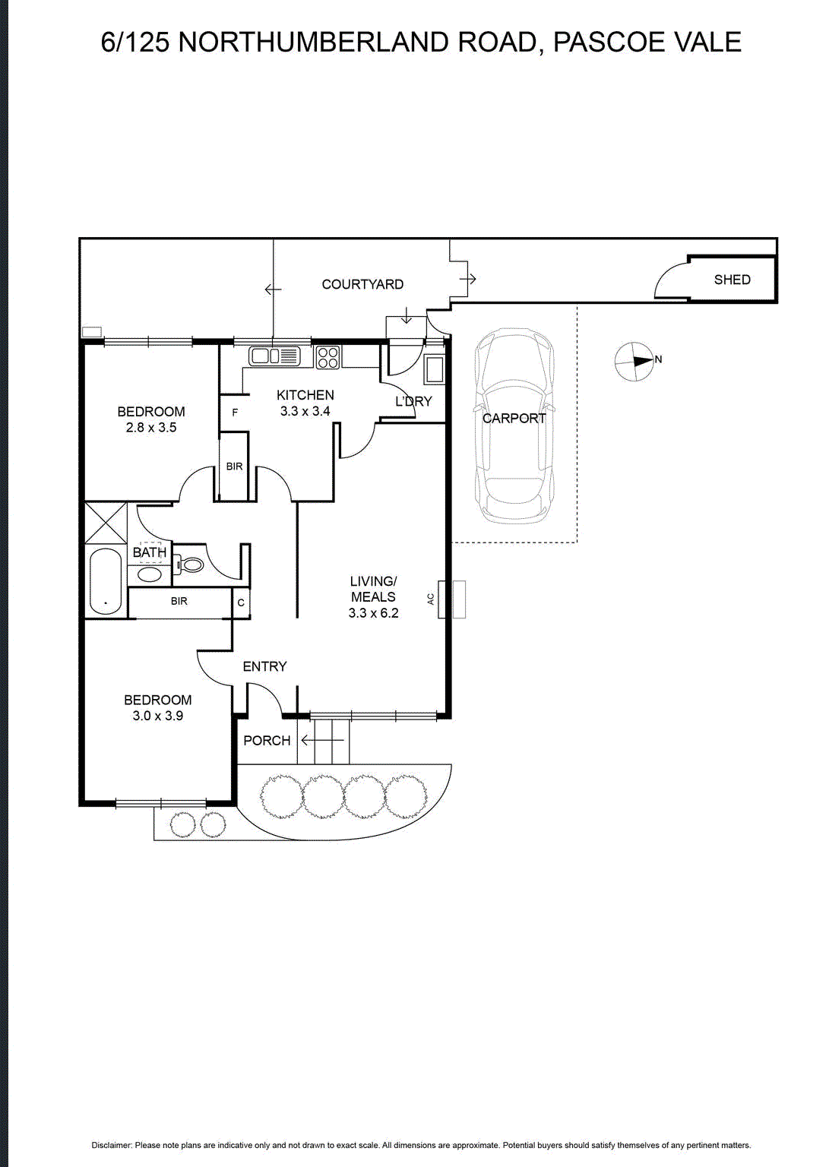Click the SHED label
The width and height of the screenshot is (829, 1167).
click(732, 280)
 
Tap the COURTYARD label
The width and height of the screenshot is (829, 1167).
click(362, 284)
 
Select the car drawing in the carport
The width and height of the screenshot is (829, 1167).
click(514, 426)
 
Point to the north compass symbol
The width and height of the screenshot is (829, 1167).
click(634, 361)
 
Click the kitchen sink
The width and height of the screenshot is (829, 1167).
click(275, 356)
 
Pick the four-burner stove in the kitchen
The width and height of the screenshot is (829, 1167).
click(328, 357)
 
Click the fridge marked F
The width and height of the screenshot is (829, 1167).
click(235, 413)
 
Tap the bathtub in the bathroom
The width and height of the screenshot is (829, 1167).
click(106, 582)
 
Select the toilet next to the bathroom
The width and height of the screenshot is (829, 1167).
click(188, 564)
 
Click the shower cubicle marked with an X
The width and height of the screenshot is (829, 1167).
click(106, 523)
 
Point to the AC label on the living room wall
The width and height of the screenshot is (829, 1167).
click(431, 599)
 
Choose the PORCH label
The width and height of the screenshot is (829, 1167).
click(267, 740)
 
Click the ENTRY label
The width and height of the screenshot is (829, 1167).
click(264, 666)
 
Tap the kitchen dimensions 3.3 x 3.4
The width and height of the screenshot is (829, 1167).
click(305, 411)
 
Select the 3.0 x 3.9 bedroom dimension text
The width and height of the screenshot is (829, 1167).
click(158, 716)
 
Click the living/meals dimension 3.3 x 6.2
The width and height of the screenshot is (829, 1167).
click(374, 613)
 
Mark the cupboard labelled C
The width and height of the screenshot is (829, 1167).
click(241, 603)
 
